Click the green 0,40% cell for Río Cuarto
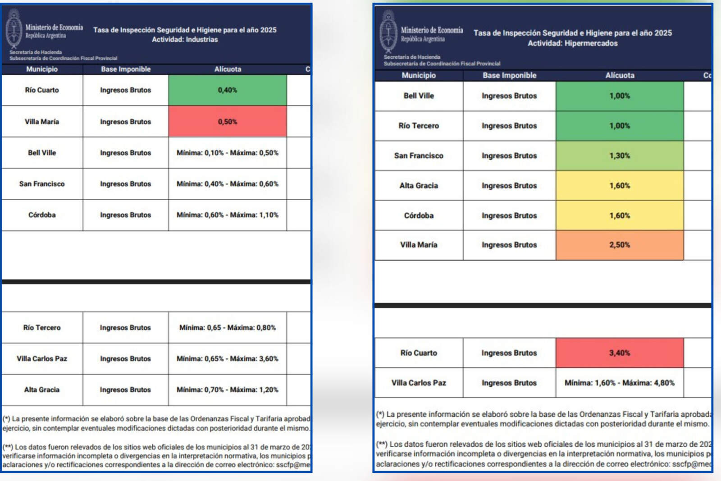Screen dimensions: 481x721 [228, 90]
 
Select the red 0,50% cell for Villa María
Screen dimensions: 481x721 [228, 122]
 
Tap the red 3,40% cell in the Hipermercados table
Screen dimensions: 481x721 [620, 353]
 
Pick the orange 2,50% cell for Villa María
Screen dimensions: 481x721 [620, 245]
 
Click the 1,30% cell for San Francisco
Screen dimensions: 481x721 [620, 156]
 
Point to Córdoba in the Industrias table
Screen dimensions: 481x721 [42, 215]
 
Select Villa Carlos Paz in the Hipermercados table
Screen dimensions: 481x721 [419, 383]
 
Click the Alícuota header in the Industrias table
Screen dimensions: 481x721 [228, 69]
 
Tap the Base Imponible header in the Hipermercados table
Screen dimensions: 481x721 [509, 75]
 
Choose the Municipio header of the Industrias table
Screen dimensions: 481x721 [42, 69]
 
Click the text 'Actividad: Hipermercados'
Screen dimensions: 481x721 [572, 43]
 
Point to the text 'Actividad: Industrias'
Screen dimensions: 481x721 [185, 40]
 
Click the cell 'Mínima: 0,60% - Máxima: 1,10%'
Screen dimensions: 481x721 [228, 215]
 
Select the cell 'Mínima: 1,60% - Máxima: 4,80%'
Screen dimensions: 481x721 [620, 383]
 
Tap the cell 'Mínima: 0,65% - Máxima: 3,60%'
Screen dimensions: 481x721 [228, 359]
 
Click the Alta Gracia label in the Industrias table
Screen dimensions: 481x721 [42, 390]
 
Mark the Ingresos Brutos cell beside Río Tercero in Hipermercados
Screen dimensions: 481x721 [509, 126]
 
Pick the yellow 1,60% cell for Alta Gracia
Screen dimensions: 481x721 [620, 186]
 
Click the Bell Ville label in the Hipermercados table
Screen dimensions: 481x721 [419, 96]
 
